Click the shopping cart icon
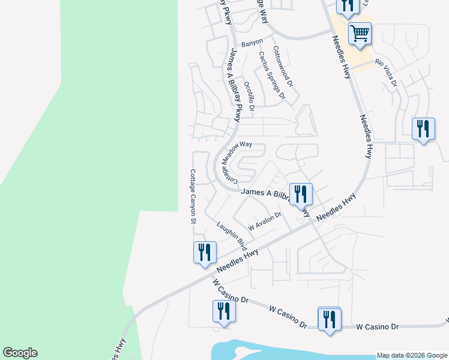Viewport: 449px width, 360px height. pyautogui.click(x=360, y=34)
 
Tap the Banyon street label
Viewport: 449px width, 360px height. pyautogui.click(x=252, y=44)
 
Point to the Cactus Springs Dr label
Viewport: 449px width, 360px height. pyautogui.click(x=271, y=74)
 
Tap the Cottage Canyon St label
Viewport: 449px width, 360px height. pyautogui.click(x=193, y=196)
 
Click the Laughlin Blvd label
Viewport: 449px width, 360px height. pyautogui.click(x=232, y=236)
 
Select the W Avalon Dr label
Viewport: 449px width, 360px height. pyautogui.click(x=265, y=222)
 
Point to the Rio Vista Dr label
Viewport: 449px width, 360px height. pyautogui.click(x=386, y=71)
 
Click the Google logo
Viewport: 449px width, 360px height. pyautogui.click(x=20, y=353)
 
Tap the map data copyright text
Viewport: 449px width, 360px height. pyautogui.click(x=411, y=355)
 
